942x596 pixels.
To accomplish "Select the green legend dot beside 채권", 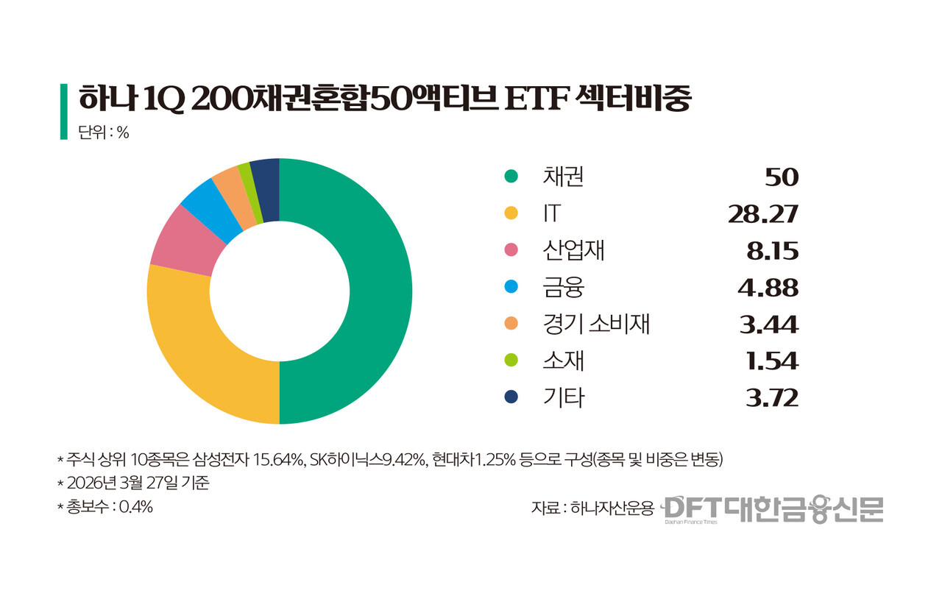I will click(511, 177).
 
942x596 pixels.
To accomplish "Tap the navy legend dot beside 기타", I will click(511, 397).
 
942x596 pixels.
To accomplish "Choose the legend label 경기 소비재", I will click(596, 324).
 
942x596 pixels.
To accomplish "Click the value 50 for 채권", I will click(781, 177).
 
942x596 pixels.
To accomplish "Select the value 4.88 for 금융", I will click(768, 288).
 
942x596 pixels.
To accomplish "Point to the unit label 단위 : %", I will click(104, 133).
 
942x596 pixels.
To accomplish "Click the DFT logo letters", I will click(691, 508).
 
